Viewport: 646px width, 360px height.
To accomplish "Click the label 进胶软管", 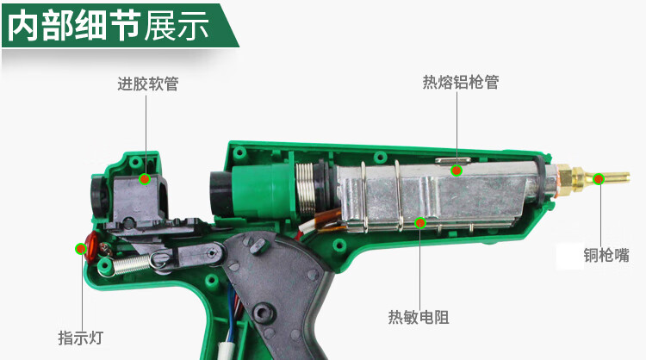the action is click(x=148, y=84).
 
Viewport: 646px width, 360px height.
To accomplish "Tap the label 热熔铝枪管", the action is click(x=461, y=82).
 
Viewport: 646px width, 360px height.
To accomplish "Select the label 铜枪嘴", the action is click(x=606, y=256).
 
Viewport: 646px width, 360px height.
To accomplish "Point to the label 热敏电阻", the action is click(x=419, y=317).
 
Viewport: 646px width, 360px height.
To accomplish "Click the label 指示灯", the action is click(x=80, y=338).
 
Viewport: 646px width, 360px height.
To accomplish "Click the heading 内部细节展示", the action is click(x=109, y=26).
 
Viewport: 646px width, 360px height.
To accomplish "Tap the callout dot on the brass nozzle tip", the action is click(x=599, y=179).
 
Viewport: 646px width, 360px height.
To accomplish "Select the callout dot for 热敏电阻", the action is click(x=420, y=223).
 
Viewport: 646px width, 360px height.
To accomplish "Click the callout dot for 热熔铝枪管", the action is click(x=456, y=171).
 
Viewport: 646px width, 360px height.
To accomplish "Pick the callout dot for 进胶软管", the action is click(x=145, y=179).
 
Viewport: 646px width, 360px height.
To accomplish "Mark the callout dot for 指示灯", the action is click(x=81, y=248).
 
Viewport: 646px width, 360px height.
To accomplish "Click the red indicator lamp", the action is click(x=91, y=247).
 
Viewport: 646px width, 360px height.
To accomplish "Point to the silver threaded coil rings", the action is click(x=306, y=188).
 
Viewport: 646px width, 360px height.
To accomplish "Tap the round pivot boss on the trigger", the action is click(x=264, y=313).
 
